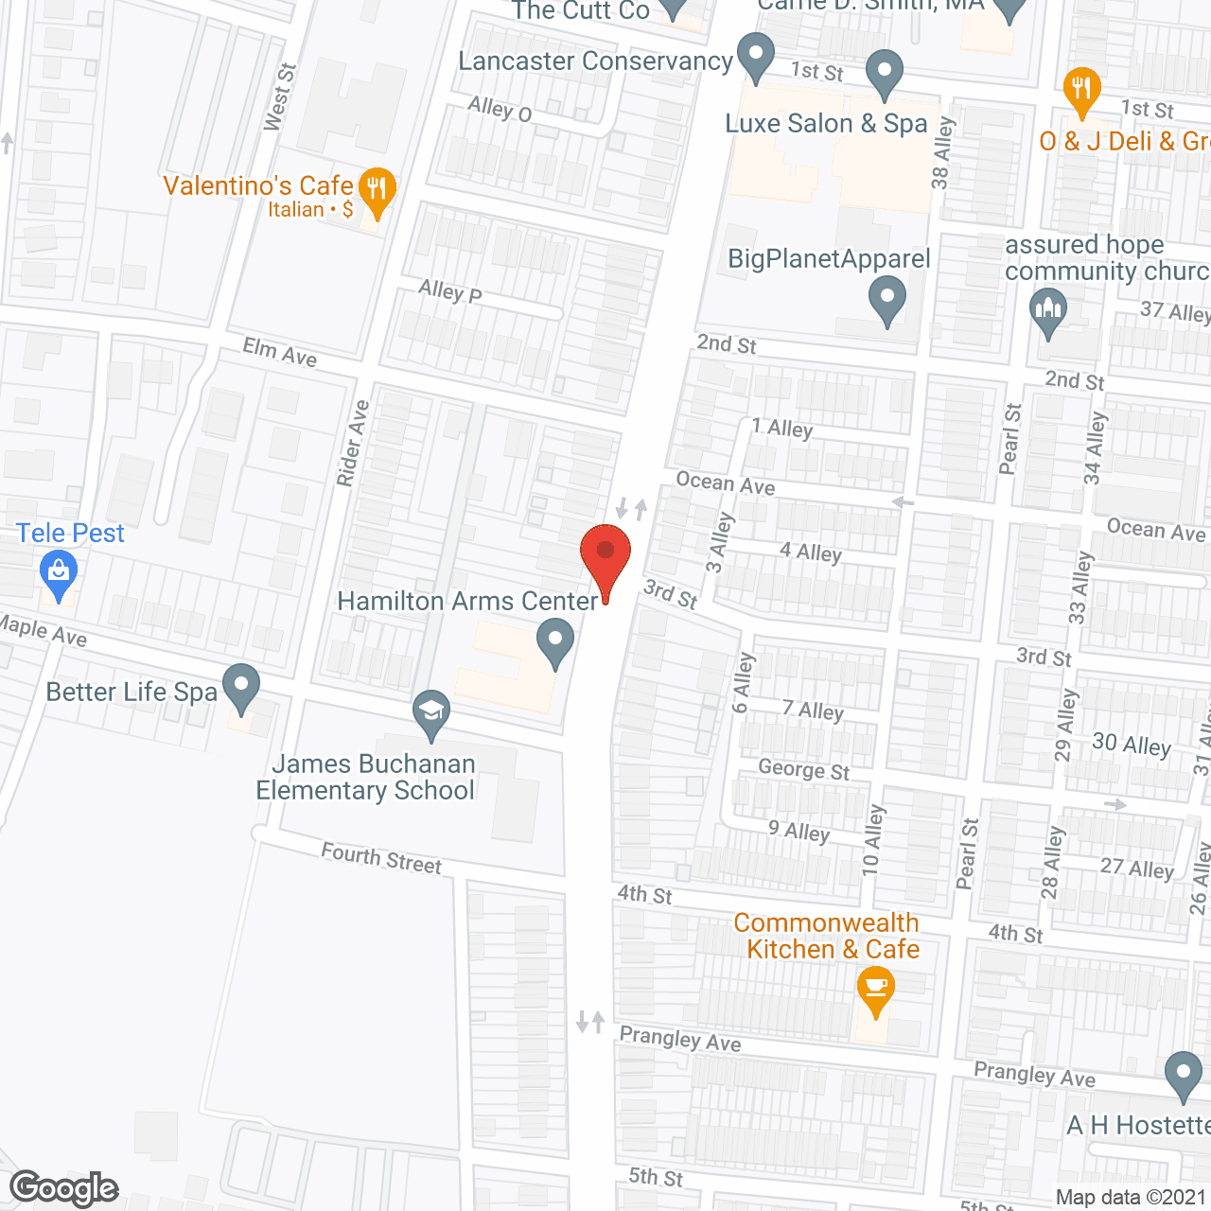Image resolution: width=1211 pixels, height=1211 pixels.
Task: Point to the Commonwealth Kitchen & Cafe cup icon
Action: pos(875,992)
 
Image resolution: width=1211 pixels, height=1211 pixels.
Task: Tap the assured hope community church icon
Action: pos(1047,311)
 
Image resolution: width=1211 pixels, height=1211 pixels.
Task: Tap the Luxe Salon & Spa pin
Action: pos(885,73)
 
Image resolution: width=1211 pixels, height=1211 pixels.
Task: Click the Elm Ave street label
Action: pos(280,352)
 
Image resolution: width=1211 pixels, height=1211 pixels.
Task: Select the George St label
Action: pos(804,770)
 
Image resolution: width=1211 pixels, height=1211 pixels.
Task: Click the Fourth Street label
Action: pos(381,858)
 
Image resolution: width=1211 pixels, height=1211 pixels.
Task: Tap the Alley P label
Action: pos(450,291)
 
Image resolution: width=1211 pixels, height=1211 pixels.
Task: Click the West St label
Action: pos(280,97)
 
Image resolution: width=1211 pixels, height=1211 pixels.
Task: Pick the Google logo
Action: pos(64,1188)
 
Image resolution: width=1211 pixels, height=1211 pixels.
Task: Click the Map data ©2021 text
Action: pos(1131,1198)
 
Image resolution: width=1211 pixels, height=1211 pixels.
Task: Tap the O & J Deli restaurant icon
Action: pos(1081,90)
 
